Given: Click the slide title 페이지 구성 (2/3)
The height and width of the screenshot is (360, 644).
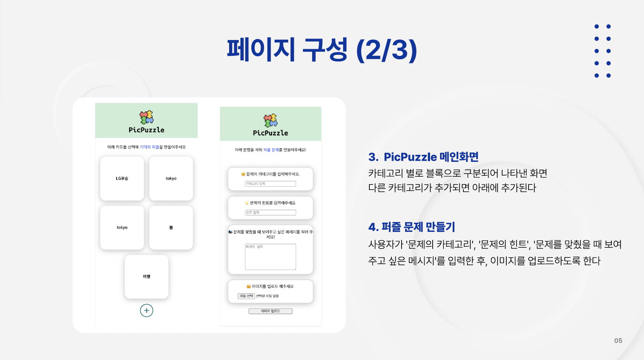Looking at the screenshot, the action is (x=322, y=50).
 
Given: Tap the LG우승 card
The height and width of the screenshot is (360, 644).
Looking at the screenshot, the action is (x=122, y=179).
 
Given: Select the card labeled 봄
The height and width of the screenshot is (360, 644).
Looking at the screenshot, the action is (x=171, y=227).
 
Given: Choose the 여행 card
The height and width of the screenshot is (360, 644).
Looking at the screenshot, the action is (x=147, y=277).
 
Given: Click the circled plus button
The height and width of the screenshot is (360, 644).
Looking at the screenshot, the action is (x=147, y=310).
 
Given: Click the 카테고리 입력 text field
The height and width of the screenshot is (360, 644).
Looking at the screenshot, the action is (x=270, y=184).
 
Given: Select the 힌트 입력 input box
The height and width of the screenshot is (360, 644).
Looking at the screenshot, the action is (x=270, y=213).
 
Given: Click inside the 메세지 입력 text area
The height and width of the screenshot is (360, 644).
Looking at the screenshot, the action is (x=270, y=257).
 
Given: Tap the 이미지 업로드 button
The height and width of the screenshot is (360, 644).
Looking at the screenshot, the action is (x=270, y=311).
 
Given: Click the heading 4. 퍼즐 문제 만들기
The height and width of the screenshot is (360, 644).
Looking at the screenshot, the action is (x=411, y=227).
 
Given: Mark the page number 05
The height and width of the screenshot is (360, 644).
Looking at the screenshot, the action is (x=618, y=341).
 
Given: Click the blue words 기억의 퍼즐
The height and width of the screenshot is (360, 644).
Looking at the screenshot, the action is (x=149, y=147).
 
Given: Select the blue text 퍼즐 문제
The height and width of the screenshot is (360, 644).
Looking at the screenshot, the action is (x=271, y=150).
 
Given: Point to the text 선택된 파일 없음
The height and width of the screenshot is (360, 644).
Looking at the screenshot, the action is (x=267, y=296).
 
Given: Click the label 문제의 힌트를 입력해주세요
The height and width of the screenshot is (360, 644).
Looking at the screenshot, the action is (x=273, y=203).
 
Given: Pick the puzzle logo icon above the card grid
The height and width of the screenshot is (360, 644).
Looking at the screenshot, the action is (x=147, y=117).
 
